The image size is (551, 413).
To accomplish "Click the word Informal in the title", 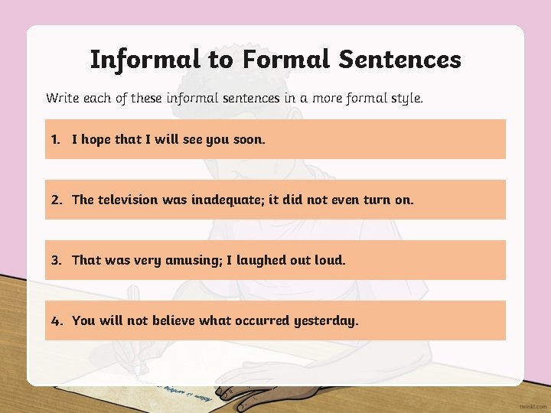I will click(139, 59).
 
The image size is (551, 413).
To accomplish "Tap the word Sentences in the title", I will click(399, 59).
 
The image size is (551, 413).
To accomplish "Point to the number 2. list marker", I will click(57, 200).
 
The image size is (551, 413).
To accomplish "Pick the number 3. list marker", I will click(57, 260).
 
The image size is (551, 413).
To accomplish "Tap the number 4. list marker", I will click(57, 320).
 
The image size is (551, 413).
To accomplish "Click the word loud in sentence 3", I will click(329, 260).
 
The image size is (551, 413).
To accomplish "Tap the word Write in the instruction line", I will click(61, 98).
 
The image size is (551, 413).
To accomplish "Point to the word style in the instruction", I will click(406, 99).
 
